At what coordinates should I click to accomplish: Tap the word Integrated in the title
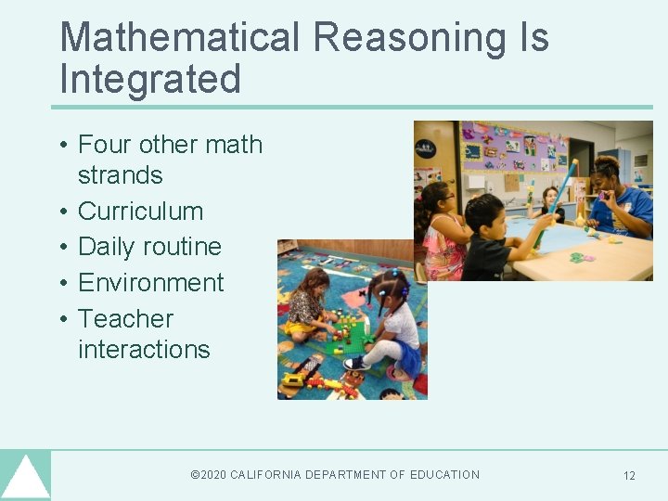click(150, 79)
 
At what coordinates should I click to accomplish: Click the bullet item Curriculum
click(140, 211)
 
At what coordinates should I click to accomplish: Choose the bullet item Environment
click(151, 282)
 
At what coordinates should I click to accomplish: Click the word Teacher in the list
click(125, 318)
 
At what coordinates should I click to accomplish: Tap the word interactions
click(144, 349)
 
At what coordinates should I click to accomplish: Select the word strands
click(120, 175)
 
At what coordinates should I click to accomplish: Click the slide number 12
click(629, 476)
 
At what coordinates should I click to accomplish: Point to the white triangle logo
click(25, 478)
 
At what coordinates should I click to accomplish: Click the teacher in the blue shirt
click(621, 199)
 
